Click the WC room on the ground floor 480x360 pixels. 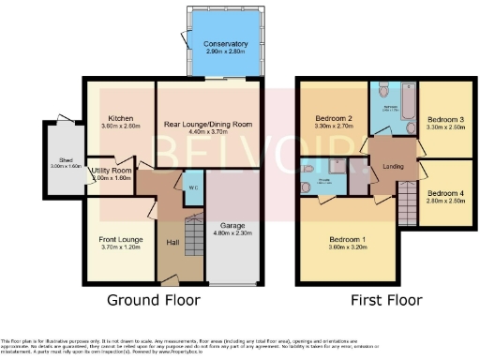tap(191, 185)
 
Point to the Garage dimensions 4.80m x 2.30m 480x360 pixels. tap(232, 234)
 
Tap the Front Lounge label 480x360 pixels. tap(120, 239)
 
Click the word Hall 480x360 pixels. tap(172, 244)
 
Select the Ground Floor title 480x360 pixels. tap(153, 301)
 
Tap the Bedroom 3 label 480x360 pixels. tap(445, 120)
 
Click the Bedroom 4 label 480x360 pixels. tap(446, 194)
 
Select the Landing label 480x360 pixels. tap(392, 167)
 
